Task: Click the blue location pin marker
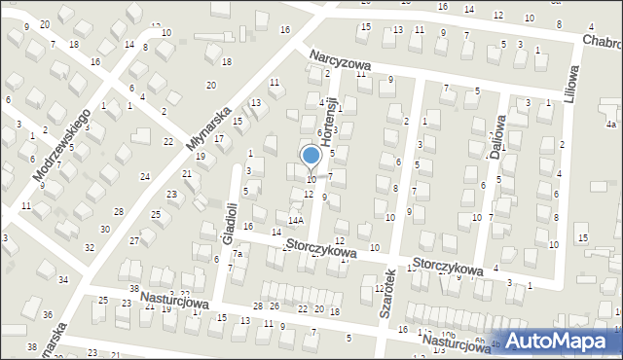(x=311, y=157)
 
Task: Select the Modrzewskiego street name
(x=61, y=142)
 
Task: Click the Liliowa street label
(x=571, y=85)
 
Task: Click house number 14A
(x=295, y=221)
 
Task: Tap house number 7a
(x=237, y=254)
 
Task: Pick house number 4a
(x=610, y=125)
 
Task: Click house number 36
(x=48, y=314)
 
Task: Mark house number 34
(x=63, y=279)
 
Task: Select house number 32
(x=90, y=247)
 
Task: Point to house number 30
(x=104, y=229)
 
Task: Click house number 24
(x=144, y=176)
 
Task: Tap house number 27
(x=134, y=240)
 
